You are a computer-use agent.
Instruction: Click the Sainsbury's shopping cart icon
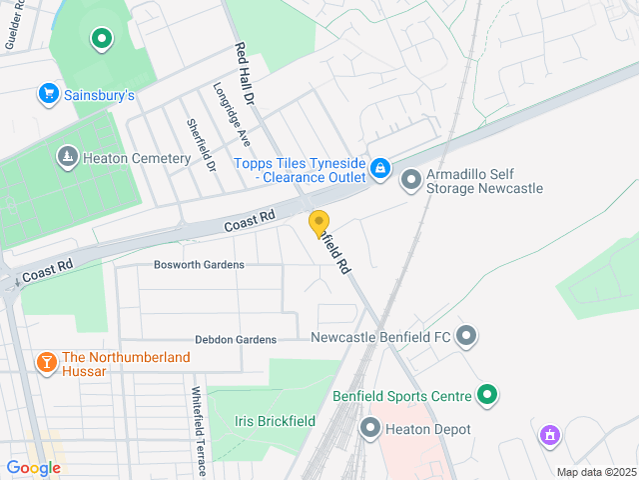pyautogui.click(x=48, y=94)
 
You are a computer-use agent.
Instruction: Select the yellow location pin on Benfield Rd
pyautogui.click(x=319, y=224)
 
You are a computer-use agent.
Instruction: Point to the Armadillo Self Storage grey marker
pyautogui.click(x=410, y=180)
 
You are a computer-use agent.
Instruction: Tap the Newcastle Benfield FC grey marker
pyautogui.click(x=465, y=337)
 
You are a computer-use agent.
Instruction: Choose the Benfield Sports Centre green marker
pyautogui.click(x=487, y=396)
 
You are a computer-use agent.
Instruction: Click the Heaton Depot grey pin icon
pyautogui.click(x=370, y=430)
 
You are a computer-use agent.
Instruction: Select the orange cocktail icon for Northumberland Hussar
pyautogui.click(x=46, y=362)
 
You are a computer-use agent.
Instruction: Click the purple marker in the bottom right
pyautogui.click(x=548, y=435)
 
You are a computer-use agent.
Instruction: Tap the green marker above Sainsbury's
pyautogui.click(x=101, y=39)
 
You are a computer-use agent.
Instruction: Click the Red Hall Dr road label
pyautogui.click(x=245, y=75)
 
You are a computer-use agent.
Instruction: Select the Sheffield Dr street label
pyautogui.click(x=201, y=145)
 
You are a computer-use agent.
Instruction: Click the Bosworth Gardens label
pyautogui.click(x=199, y=265)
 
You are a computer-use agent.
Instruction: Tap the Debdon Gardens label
pyautogui.click(x=236, y=340)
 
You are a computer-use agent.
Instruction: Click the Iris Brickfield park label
pyautogui.click(x=268, y=422)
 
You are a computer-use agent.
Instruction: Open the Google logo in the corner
pyautogui.click(x=33, y=468)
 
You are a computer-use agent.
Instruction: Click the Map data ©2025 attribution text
pyautogui.click(x=595, y=472)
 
